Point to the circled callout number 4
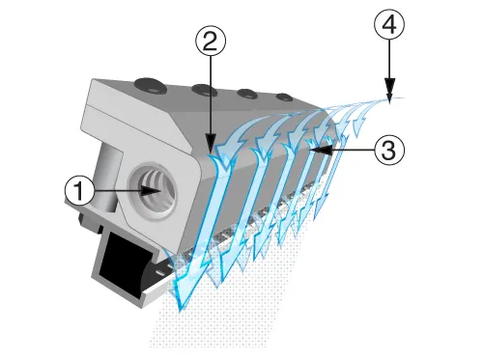coord(388,28)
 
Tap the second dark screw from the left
coord(203,91)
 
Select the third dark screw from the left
coord(246,95)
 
